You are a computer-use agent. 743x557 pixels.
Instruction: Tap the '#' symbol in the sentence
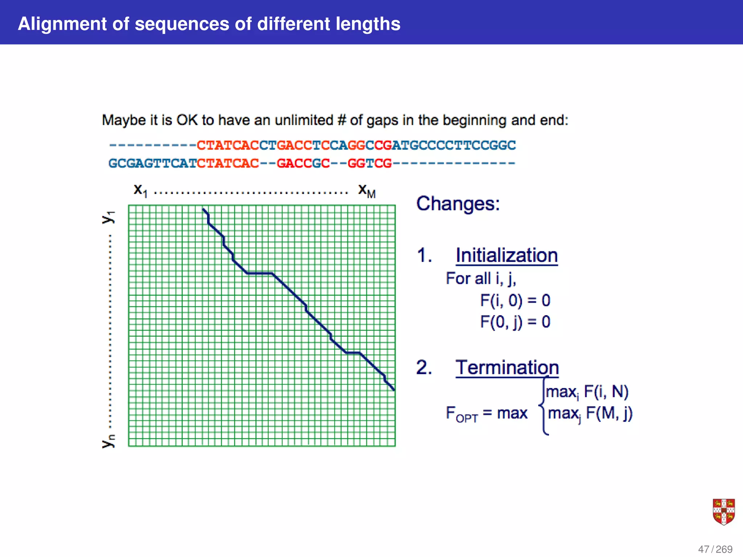pos(341,120)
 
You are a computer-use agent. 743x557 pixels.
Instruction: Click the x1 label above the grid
pos(140,190)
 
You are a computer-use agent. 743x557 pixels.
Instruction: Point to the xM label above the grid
pos(366,190)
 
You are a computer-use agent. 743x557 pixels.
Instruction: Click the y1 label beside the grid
pos(108,217)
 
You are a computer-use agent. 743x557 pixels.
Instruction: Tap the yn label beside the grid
pos(108,441)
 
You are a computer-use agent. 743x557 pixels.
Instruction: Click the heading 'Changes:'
pos(458,204)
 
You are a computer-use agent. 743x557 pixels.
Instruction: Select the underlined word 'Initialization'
pos(506,255)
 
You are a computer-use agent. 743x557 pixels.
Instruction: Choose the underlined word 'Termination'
pos(507,367)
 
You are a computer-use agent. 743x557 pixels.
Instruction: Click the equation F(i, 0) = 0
pos(515,300)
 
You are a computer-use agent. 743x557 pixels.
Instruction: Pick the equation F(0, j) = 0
pos(515,322)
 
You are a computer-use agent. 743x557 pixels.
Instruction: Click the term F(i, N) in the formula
pos(606,392)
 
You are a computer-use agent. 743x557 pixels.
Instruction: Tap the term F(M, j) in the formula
pos(609,413)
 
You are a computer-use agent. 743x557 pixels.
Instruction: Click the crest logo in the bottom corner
pos(723,512)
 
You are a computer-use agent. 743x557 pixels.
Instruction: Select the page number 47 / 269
pos(715,549)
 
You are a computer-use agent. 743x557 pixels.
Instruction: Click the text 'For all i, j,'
pos(481,278)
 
